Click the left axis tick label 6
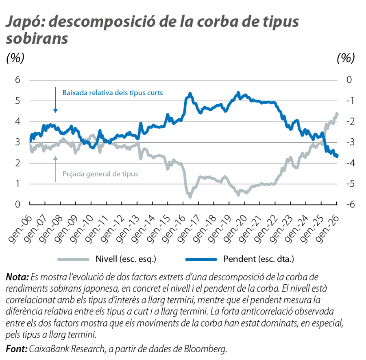pos(17,80)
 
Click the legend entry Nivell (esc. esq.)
pos(126,258)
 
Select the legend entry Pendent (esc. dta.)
pos(259,258)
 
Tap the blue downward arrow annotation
pos(56,100)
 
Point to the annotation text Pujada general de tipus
pos(100,174)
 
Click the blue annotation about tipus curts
pos(113,93)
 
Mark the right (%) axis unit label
pos(346,58)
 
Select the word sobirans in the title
pos(37,38)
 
